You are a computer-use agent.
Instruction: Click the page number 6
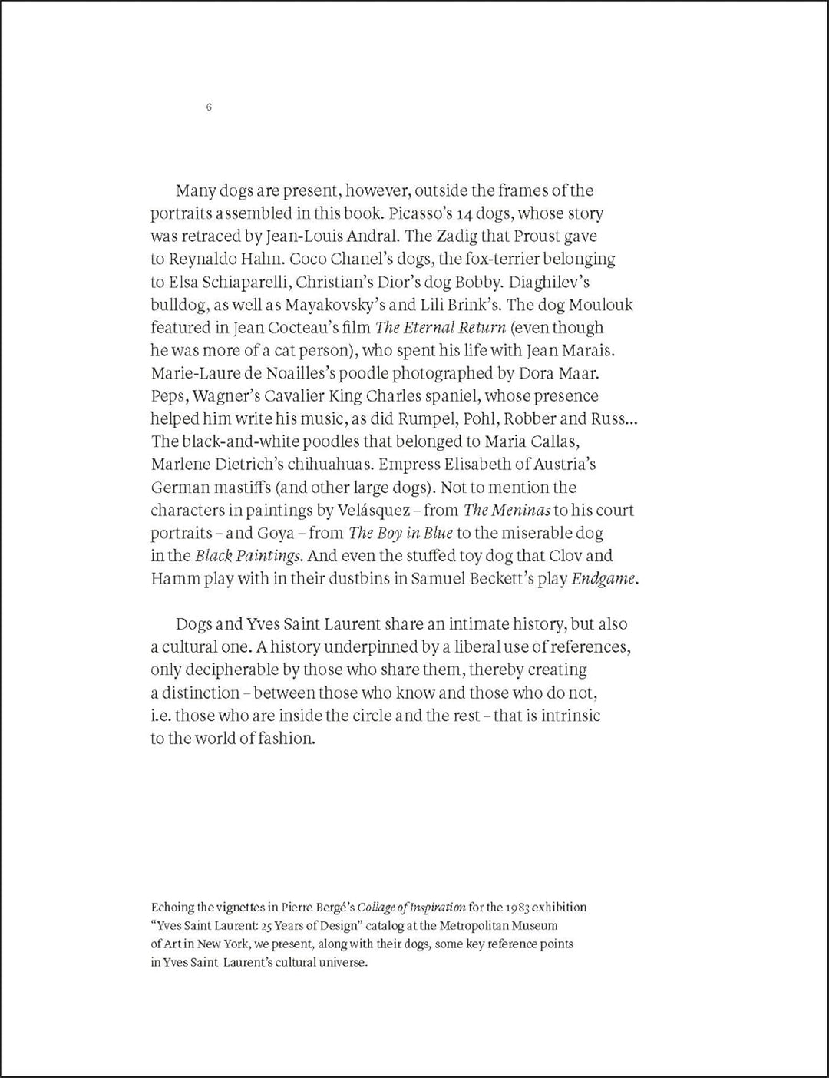coord(209,107)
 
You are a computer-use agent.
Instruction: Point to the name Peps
coord(168,396)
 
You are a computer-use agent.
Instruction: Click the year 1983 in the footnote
coord(517,907)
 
